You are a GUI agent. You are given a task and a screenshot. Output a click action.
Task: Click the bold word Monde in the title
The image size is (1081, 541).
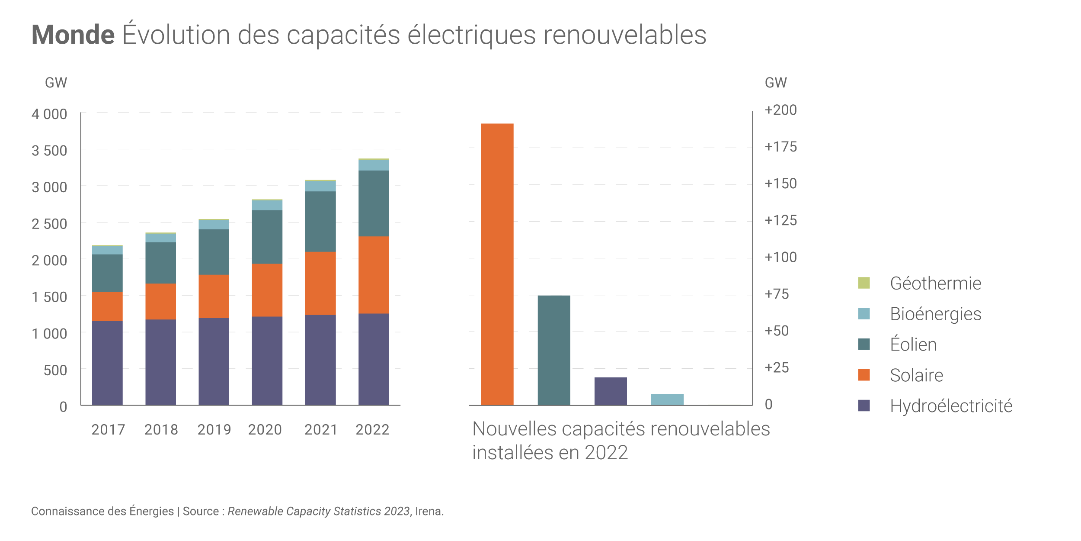click(x=73, y=35)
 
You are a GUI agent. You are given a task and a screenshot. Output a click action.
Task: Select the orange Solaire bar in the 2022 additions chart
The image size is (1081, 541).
click(x=497, y=264)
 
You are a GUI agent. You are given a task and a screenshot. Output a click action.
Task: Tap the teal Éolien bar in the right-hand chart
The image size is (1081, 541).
click(x=553, y=350)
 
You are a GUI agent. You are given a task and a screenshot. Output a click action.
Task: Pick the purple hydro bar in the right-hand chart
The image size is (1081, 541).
click(x=610, y=391)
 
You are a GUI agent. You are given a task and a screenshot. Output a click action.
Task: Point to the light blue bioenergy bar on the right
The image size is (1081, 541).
click(x=667, y=399)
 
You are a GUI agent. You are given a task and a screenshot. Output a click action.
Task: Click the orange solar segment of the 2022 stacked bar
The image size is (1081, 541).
click(x=373, y=275)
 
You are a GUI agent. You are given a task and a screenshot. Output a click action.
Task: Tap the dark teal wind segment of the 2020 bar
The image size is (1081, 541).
click(x=267, y=237)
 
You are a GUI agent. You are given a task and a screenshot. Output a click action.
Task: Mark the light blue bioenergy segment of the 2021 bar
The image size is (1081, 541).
click(x=320, y=186)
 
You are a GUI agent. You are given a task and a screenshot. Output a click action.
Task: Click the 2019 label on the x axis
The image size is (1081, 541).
click(x=214, y=429)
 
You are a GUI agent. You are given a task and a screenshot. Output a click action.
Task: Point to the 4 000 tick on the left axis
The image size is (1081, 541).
click(x=49, y=114)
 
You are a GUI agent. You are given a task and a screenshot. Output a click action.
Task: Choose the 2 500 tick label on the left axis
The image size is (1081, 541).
click(x=49, y=224)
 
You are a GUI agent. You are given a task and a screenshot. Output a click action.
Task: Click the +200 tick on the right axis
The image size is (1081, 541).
click(x=780, y=110)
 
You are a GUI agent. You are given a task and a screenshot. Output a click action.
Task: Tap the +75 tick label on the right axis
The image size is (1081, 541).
click(x=777, y=294)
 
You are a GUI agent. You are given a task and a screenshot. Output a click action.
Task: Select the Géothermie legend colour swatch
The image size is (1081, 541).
click(x=864, y=283)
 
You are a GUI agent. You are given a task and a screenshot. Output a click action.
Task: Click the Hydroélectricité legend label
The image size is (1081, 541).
click(x=951, y=406)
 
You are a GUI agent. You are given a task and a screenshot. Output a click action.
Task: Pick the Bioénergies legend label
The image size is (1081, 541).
click(x=935, y=314)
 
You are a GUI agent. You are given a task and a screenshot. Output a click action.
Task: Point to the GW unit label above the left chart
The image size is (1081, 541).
click(x=56, y=83)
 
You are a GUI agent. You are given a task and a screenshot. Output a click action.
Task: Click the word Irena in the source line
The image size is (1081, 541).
click(x=428, y=511)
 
